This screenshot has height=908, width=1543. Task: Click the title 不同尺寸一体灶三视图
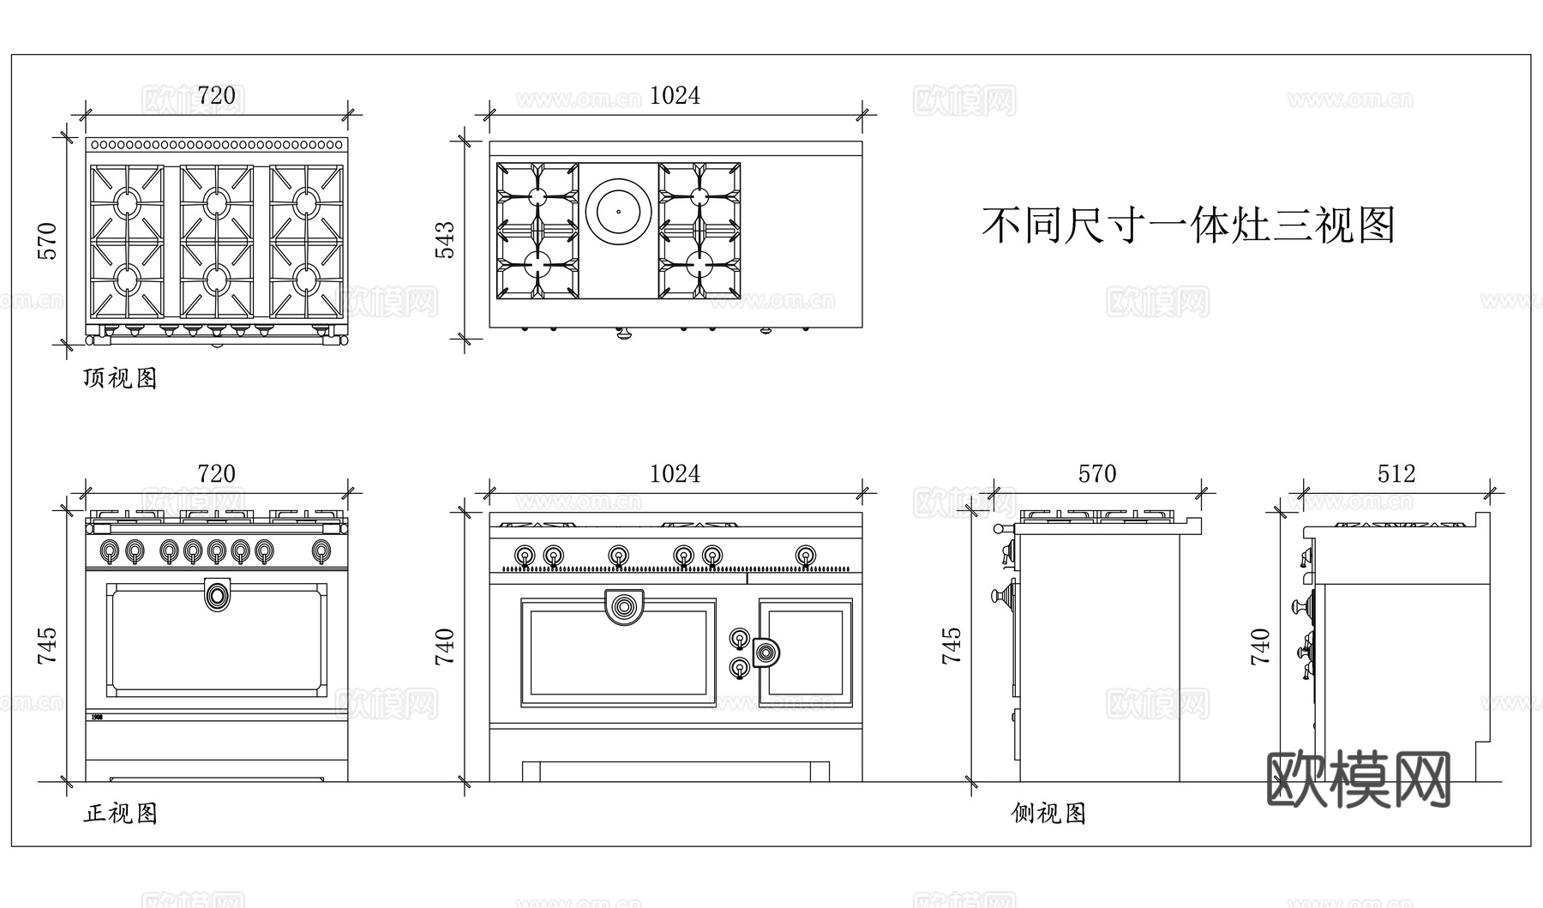(x=1187, y=225)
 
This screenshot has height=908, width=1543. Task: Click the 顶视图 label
(x=120, y=378)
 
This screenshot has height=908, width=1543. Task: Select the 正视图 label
(x=120, y=813)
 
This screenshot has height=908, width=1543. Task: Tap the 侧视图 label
(x=1048, y=813)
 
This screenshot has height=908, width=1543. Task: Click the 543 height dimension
(x=446, y=240)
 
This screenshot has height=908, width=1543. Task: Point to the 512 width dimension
(x=1396, y=474)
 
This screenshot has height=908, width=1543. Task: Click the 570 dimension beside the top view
(x=47, y=241)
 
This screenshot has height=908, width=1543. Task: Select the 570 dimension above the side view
(x=1096, y=474)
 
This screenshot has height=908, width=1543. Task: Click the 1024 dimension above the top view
(x=675, y=96)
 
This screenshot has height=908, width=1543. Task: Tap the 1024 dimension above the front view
(x=675, y=474)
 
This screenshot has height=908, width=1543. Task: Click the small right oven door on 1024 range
(x=805, y=652)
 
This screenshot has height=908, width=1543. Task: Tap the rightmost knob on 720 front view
(x=322, y=550)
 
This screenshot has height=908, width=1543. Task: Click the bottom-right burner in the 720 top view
(x=306, y=280)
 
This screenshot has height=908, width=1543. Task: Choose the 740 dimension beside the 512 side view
(x=1260, y=646)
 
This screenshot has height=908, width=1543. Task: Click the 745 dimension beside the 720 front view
(x=47, y=646)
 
